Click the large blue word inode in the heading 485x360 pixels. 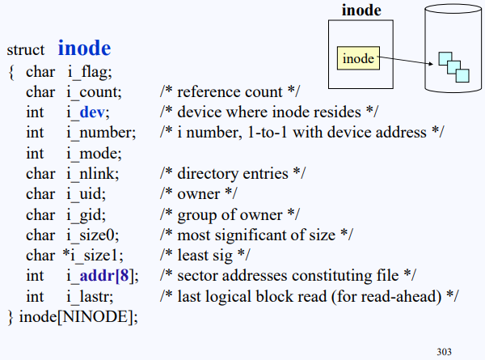(x=84, y=48)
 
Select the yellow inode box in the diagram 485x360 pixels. (x=358, y=58)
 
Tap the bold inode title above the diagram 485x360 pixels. (x=361, y=11)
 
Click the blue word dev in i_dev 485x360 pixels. (x=92, y=112)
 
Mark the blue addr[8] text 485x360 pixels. (x=110, y=276)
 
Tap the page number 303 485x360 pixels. (x=444, y=351)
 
